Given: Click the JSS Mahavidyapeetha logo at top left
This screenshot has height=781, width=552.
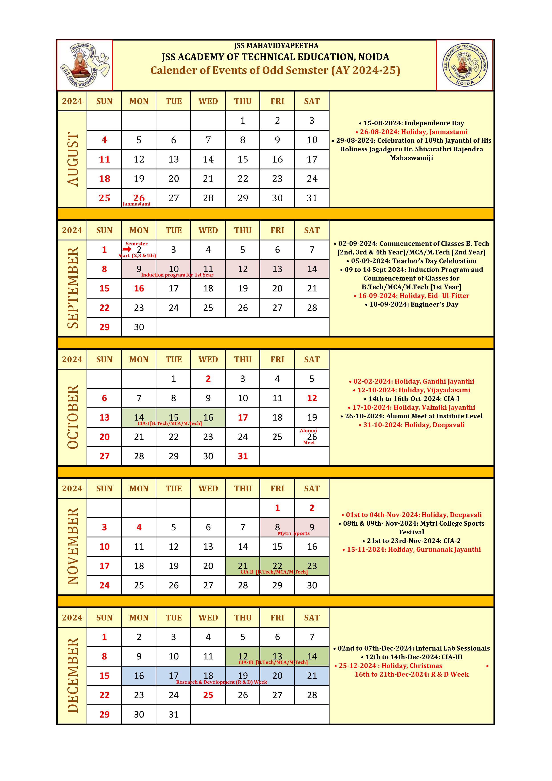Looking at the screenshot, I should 85,65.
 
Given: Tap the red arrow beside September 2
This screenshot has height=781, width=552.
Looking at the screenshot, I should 127,249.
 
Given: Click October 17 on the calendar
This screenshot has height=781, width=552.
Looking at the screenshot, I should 243,417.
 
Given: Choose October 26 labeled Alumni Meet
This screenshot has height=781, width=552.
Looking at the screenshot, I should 312,437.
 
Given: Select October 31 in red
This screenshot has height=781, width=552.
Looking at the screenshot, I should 243,456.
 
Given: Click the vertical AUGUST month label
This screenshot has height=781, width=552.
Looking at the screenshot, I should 72,159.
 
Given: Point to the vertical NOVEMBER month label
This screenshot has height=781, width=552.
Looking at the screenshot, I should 72,546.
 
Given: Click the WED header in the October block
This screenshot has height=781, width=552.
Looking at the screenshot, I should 208,360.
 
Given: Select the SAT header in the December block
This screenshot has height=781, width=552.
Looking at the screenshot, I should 312,618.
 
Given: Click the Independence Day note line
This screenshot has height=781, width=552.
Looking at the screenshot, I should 411,123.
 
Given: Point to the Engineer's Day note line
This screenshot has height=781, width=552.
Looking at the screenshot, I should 411,304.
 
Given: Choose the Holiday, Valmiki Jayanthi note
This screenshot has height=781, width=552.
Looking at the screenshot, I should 411,407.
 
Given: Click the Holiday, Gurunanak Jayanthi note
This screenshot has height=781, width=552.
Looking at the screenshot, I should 411,549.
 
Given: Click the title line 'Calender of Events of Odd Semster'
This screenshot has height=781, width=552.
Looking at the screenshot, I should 275,70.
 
